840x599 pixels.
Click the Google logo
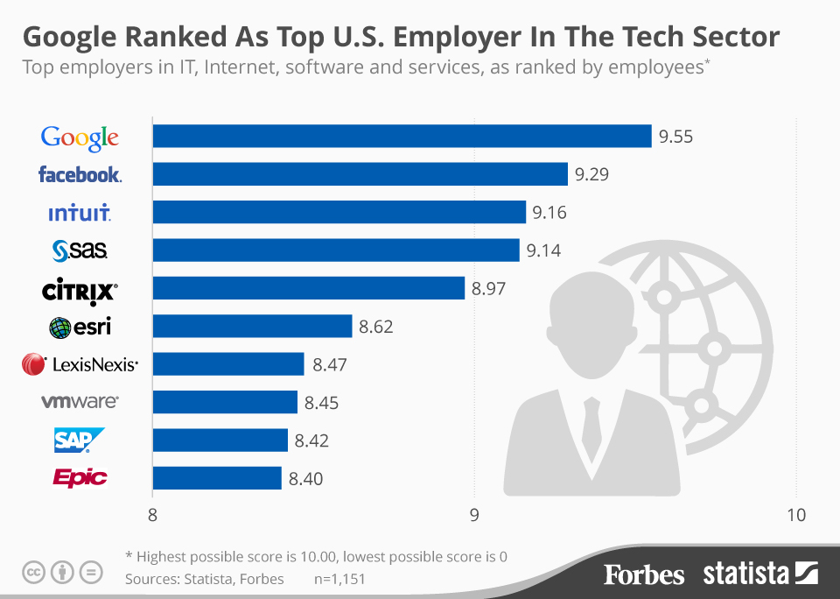click(x=80, y=137)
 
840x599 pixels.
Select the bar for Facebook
click(x=360, y=174)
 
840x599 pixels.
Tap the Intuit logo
click(x=80, y=213)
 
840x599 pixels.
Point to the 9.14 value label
click(x=543, y=250)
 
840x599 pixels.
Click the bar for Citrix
click(x=309, y=288)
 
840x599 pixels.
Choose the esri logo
click(x=80, y=328)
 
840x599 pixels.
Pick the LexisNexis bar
click(x=228, y=364)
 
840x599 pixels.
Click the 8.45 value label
click(x=321, y=403)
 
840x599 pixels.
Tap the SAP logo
click(x=79, y=440)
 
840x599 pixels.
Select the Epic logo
click(x=80, y=478)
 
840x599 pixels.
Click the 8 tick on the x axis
click(x=153, y=514)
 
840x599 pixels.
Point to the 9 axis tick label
click(x=474, y=514)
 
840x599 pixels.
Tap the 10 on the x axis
click(x=794, y=514)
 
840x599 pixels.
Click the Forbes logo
click(x=643, y=574)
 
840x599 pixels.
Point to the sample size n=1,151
click(x=339, y=578)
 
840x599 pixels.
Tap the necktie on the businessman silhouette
click(x=592, y=419)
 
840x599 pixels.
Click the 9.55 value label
click(x=676, y=137)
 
